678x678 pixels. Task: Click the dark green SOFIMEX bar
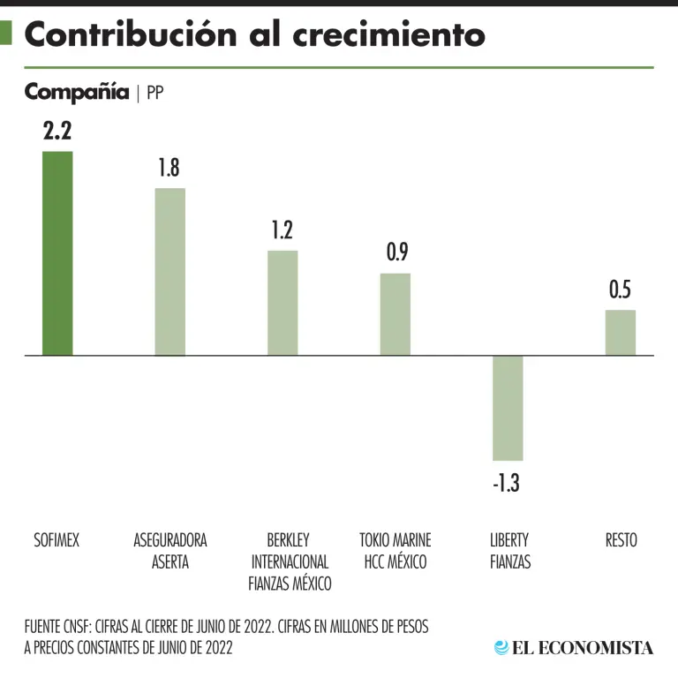tap(57, 253)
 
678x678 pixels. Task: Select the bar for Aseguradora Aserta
tap(169, 272)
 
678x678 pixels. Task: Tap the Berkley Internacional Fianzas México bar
tap(282, 303)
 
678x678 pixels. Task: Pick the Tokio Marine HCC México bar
tap(395, 314)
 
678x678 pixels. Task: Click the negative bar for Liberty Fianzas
tap(508, 408)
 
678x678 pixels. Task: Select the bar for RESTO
tap(621, 333)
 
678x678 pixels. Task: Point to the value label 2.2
tap(57, 132)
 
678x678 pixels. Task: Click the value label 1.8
tap(169, 168)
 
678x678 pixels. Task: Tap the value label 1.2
tap(282, 230)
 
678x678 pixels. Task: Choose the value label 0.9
tap(396, 252)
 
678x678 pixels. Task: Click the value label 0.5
tap(621, 290)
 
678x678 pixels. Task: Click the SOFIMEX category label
tap(56, 540)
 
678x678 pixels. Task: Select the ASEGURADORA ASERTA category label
tap(169, 551)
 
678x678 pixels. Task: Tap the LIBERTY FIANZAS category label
tap(510, 551)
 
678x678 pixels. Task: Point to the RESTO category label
tap(621, 540)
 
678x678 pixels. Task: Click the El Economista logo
tap(574, 647)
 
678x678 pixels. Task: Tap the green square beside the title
tap(6, 33)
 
